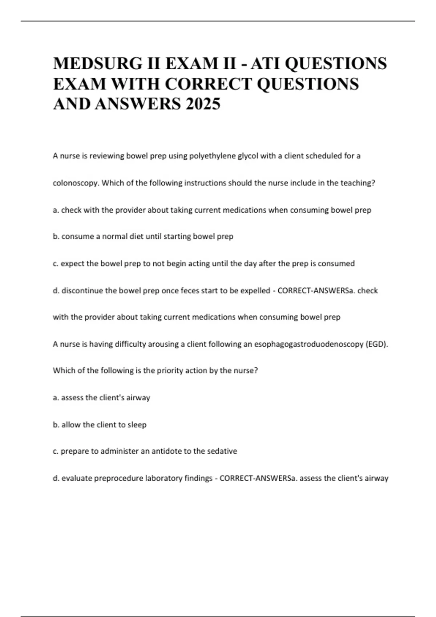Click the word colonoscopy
click(76, 183)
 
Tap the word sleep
click(137, 425)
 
